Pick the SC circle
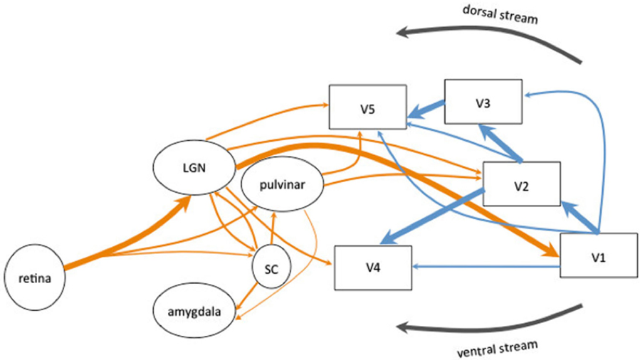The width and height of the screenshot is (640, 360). (271, 270)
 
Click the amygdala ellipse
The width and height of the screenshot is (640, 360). (194, 312)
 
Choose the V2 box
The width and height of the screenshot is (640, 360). (521, 184)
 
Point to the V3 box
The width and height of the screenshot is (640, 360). (483, 101)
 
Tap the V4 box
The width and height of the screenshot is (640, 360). (373, 268)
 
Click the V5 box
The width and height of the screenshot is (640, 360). (367, 107)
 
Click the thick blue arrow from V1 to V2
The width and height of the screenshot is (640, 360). (578, 217)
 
